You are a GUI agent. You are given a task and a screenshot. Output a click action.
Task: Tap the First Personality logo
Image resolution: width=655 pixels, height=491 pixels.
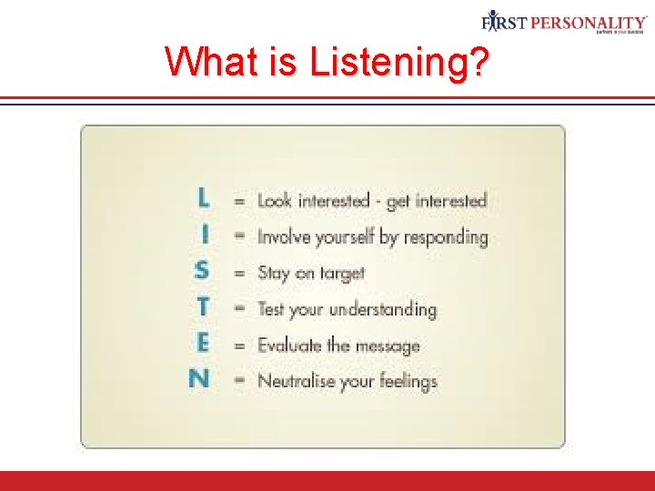click(x=563, y=22)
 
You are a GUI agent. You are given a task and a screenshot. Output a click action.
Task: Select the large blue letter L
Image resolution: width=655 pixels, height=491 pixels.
click(x=203, y=197)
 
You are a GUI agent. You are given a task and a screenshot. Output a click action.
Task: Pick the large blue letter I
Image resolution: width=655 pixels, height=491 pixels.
click(x=205, y=235)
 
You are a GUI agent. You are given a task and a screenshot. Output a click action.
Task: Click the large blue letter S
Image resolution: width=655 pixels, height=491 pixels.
click(x=202, y=271)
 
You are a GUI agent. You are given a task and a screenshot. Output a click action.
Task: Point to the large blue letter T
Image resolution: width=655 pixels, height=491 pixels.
click(x=203, y=307)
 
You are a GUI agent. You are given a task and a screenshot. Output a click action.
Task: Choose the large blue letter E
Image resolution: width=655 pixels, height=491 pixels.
click(x=203, y=343)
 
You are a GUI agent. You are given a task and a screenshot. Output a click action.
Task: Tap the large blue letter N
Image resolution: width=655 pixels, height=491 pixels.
click(x=199, y=378)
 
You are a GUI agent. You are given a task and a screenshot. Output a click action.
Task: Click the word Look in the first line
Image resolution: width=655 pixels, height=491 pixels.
click(x=275, y=200)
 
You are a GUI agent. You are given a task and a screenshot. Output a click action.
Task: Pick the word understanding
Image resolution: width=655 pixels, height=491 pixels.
click(x=383, y=309)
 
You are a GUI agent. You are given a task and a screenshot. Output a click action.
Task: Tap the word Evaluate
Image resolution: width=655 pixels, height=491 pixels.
click(x=290, y=345)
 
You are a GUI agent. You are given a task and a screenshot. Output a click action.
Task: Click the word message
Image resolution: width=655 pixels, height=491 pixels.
click(x=387, y=346)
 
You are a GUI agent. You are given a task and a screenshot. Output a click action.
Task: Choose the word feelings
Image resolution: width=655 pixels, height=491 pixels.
click(x=403, y=382)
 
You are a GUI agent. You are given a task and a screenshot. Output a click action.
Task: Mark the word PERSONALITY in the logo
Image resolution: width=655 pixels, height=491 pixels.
click(x=589, y=22)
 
